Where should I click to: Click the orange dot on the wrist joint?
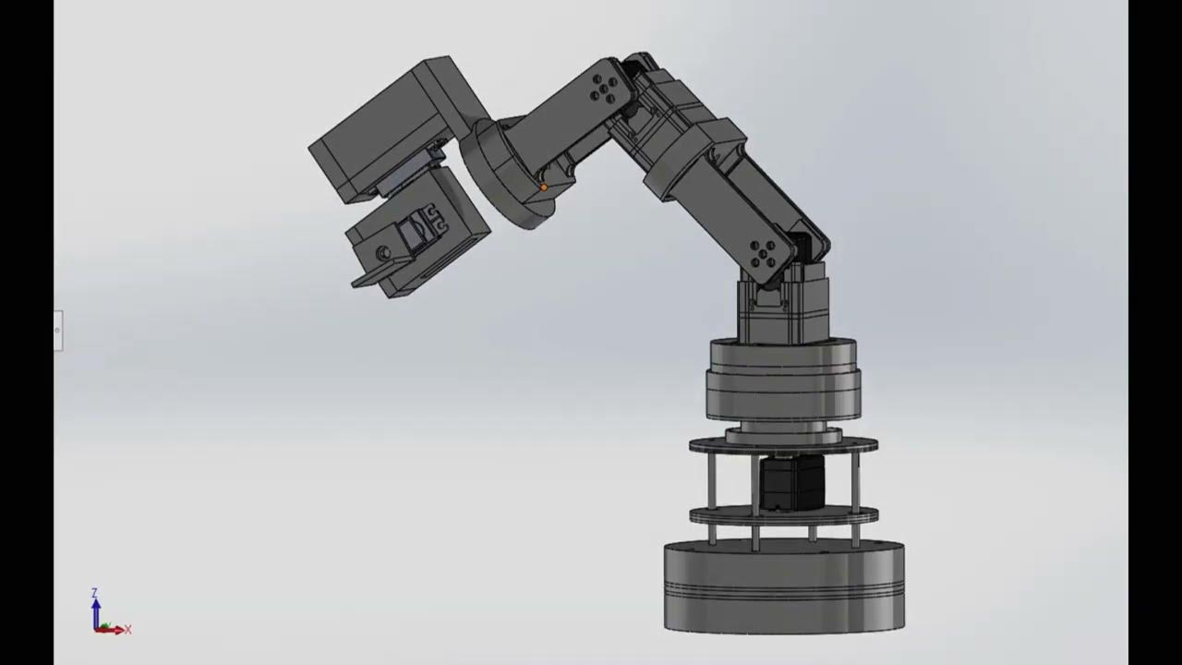click(x=543, y=187)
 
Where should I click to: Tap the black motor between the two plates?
click(x=791, y=482)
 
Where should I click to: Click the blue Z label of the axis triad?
click(x=94, y=592)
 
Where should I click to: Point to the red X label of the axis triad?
click(x=127, y=630)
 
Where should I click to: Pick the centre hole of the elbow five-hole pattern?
click(x=606, y=90)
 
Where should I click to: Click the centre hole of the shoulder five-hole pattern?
click(x=764, y=252)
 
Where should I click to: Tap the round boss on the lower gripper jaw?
click(x=382, y=252)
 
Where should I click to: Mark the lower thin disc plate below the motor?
click(x=783, y=515)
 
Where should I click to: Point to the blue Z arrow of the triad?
click(x=95, y=610)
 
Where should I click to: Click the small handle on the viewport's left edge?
click(x=57, y=330)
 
